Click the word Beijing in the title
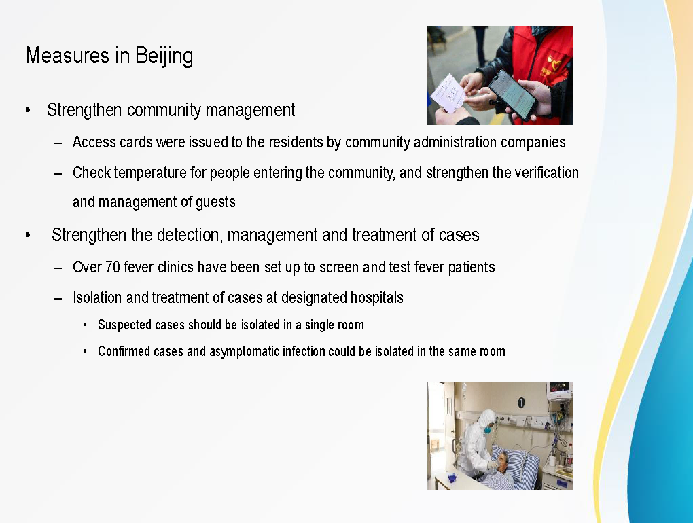pyautogui.click(x=164, y=56)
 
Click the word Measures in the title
pyautogui.click(x=68, y=55)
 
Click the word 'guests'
pyautogui.click(x=215, y=202)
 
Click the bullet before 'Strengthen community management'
pyautogui.click(x=29, y=110)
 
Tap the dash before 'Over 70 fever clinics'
pyautogui.click(x=58, y=268)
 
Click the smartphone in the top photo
pyautogui.click(x=512, y=94)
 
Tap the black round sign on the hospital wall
pyautogui.click(x=521, y=402)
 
